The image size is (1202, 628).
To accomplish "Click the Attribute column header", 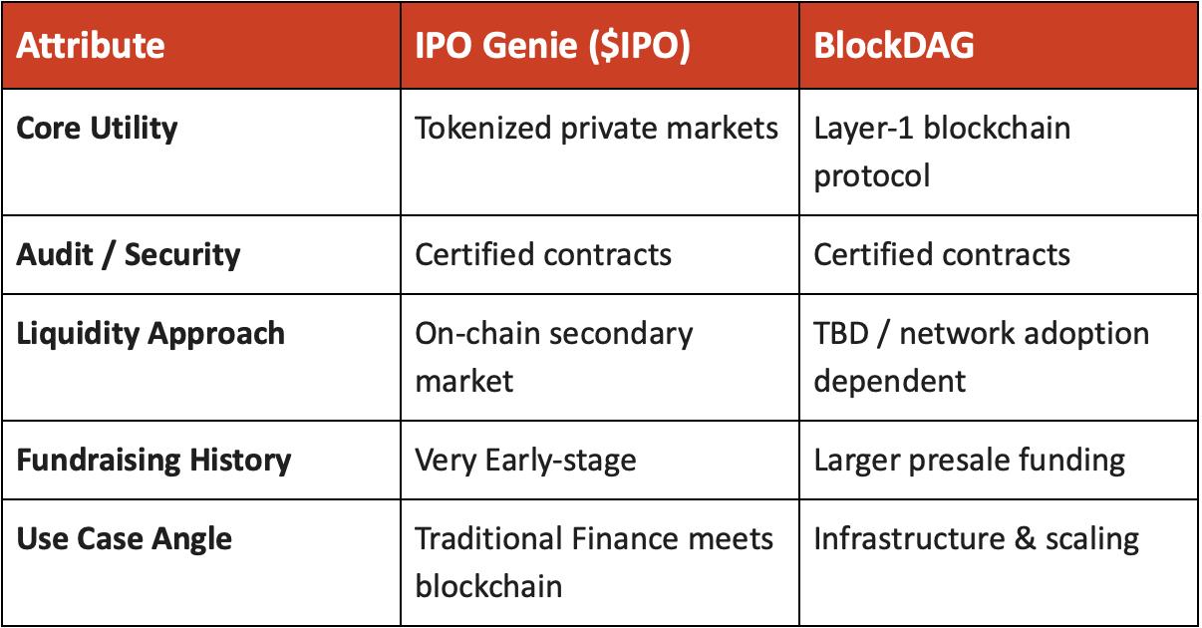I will pos(91,46).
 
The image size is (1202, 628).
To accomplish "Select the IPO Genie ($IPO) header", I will pos(552,46).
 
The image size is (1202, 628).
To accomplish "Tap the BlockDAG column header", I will pos(894,46).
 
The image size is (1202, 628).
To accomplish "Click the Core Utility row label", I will pos(97,129).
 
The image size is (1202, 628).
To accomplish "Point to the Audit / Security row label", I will pos(129,254).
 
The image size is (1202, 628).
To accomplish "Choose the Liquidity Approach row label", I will pos(150,333).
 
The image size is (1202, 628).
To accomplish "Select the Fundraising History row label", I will pos(153,461).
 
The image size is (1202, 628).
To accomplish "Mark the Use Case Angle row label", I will pos(125,539).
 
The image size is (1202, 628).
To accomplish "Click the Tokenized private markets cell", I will pos(596,129).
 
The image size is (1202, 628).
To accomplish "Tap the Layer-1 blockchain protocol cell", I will pos(942,152).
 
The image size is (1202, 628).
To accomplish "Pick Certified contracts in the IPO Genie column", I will pos(543,254).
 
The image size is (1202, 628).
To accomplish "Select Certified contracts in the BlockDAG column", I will pos(942,254).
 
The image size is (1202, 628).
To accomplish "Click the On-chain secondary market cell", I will pos(553,356).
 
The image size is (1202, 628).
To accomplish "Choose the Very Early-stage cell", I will pos(525,461).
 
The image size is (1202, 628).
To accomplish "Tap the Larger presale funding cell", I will pos(969,461).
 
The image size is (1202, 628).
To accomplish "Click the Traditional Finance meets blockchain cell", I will pos(594,561).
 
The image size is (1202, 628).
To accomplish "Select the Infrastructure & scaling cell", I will pos(976,539).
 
